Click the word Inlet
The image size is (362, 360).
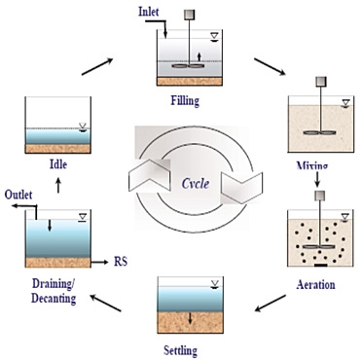click(149, 12)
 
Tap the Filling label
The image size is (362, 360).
click(185, 101)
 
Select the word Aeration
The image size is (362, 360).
click(315, 285)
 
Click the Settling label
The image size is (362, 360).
click(180, 350)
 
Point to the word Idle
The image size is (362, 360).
click(58, 163)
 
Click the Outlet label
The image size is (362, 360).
click(18, 195)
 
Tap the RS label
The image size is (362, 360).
click(121, 262)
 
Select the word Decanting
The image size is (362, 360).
click(54, 299)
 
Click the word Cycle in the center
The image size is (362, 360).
click(196, 184)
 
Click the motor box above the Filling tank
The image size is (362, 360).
click(190, 15)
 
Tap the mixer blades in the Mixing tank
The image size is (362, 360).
click(320, 132)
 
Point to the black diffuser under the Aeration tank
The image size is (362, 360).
click(321, 266)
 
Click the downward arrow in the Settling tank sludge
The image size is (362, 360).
click(190, 319)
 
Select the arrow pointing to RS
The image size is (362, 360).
click(99, 262)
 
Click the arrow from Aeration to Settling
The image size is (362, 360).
click(271, 304)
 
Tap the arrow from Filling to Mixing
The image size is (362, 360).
click(270, 67)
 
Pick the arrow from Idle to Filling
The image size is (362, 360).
click(97, 66)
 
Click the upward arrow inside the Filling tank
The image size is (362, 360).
click(199, 57)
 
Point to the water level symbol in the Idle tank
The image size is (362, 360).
click(83, 127)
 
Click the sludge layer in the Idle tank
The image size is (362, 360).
click(58, 149)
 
